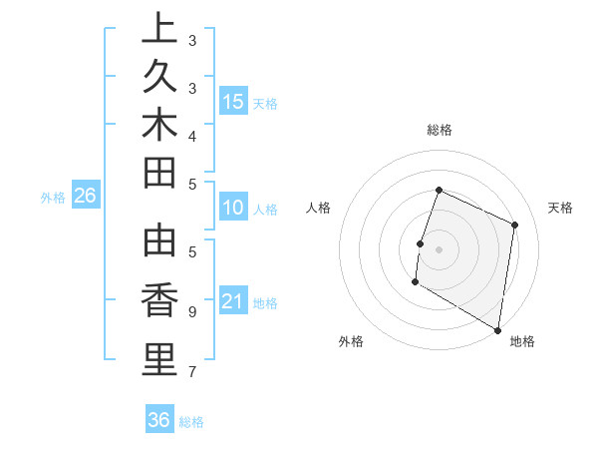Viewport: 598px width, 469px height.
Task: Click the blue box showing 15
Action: pos(233,101)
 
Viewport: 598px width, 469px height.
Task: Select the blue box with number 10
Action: pos(233,208)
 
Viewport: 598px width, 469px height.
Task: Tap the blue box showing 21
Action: pos(233,301)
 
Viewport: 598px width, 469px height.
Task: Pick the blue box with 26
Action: pos(86,196)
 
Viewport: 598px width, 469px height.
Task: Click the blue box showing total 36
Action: pos(159,420)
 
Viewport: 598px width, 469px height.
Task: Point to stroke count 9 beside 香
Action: pos(192,311)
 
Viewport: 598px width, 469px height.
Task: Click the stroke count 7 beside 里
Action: pos(192,373)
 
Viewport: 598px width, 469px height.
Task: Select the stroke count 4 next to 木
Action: pos(192,135)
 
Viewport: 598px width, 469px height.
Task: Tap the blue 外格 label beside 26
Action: pos(53,198)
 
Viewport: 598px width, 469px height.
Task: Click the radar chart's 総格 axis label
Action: pos(439,130)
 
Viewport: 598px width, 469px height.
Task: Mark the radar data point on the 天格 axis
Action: pos(515,225)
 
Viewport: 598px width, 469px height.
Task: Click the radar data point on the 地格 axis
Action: pos(497,329)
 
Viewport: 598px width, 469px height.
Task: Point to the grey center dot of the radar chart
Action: pos(439,249)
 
